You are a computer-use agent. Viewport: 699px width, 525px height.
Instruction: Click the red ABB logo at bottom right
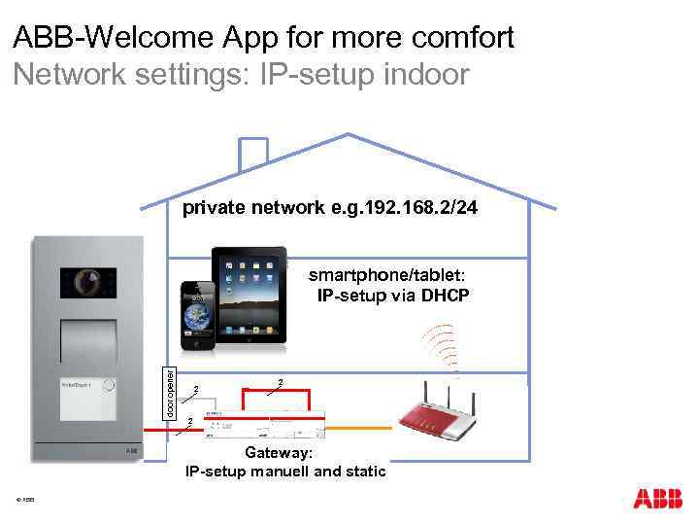[657, 498]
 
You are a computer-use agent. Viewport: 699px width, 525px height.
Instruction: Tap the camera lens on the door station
[87, 281]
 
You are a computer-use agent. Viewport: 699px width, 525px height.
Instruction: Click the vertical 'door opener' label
[169, 390]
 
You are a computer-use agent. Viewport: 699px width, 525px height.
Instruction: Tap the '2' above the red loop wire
[280, 381]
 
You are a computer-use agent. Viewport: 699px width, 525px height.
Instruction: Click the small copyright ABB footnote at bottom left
[25, 500]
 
